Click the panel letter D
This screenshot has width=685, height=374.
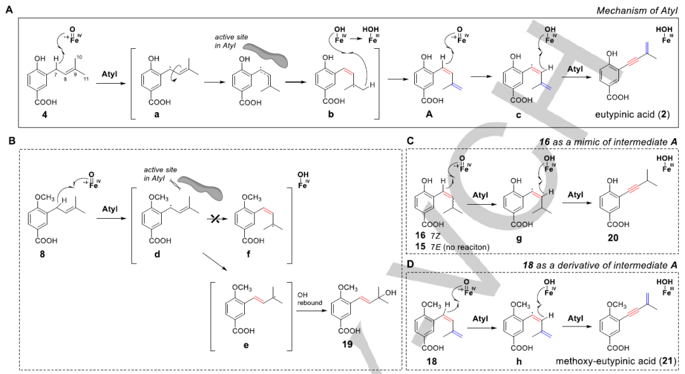click(x=410, y=262)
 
